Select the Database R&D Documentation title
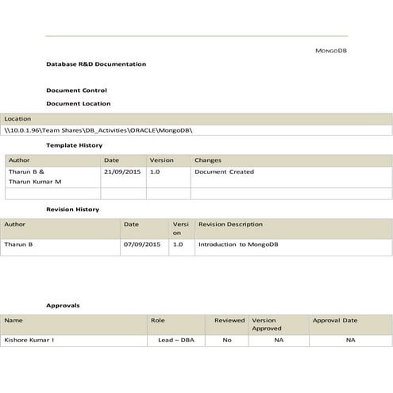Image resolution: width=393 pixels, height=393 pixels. click(x=96, y=64)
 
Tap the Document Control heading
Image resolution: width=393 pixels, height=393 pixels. click(x=76, y=91)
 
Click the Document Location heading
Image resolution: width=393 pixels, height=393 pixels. click(x=79, y=103)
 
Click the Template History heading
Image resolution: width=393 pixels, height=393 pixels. click(x=74, y=145)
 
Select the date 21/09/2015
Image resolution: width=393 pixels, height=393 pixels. click(x=121, y=171)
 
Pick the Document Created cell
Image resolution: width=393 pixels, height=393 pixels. click(x=224, y=171)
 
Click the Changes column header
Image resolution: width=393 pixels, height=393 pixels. click(x=208, y=160)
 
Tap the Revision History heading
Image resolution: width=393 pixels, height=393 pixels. click(x=72, y=209)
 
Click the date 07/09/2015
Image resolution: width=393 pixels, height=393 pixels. click(x=141, y=245)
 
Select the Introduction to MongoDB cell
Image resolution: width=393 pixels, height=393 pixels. click(x=237, y=245)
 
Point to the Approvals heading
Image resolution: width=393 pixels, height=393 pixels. click(x=63, y=305)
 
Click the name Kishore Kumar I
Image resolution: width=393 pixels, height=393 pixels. click(x=29, y=340)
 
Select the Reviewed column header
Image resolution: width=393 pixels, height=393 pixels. click(x=229, y=321)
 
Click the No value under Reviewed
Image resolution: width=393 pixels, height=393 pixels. click(x=227, y=340)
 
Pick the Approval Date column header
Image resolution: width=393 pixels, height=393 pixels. click(x=334, y=321)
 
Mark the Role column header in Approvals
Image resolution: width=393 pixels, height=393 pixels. click(x=157, y=321)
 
